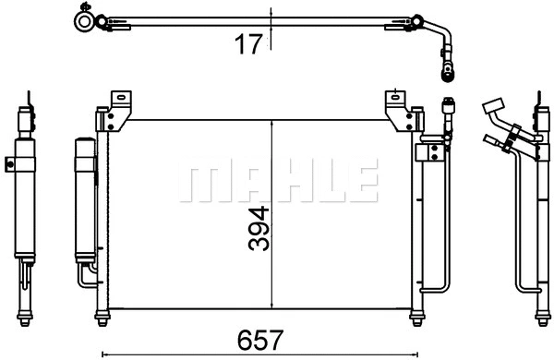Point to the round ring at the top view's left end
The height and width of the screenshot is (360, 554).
84,19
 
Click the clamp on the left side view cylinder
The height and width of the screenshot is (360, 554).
12,165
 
